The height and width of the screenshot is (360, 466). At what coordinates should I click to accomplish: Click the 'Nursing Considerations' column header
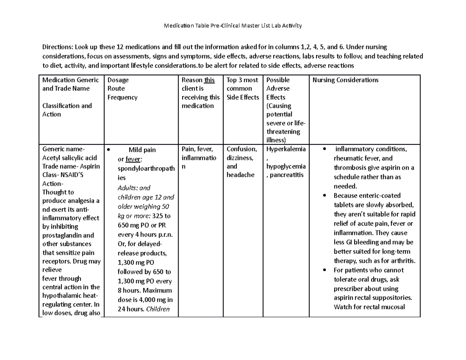345,80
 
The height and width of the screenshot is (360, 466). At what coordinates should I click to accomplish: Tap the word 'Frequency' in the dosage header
122,97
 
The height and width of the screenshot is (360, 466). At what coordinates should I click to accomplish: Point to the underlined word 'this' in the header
209,80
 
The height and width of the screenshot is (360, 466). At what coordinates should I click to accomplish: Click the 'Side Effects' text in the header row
243,97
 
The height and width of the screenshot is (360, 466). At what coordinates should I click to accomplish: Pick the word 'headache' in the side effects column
240,175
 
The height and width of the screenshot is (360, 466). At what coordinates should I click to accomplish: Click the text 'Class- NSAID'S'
63,175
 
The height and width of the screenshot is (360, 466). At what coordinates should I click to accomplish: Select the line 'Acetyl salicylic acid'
70,158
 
